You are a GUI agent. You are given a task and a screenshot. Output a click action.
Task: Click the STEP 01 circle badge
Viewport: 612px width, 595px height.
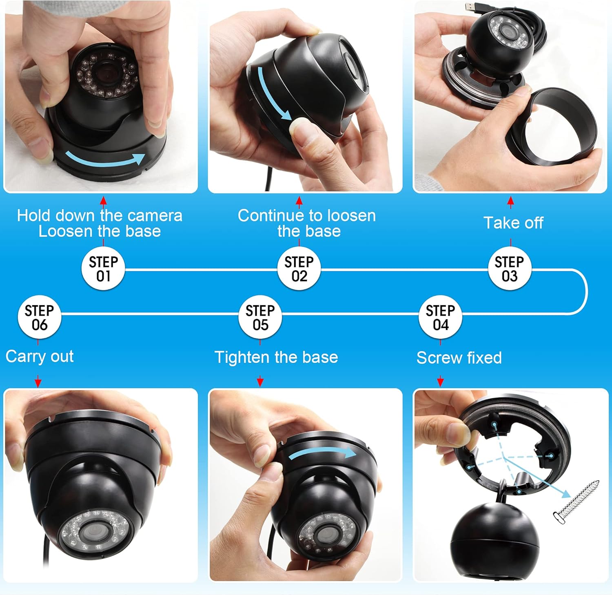pyautogui.click(x=103, y=269)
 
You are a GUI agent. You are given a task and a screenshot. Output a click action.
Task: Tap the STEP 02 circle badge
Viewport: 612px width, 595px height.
pyautogui.click(x=299, y=269)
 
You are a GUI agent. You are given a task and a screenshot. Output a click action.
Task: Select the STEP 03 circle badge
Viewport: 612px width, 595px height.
pyautogui.click(x=509, y=269)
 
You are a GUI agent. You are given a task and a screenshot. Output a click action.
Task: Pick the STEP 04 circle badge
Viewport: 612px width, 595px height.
pyautogui.click(x=440, y=317)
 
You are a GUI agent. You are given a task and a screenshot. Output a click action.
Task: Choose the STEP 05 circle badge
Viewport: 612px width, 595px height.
pyautogui.click(x=260, y=317)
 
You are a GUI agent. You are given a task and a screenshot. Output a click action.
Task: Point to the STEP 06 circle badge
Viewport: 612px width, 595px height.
pyautogui.click(x=39, y=317)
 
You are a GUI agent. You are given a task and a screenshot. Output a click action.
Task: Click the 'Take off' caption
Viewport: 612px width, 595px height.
pyautogui.click(x=513, y=223)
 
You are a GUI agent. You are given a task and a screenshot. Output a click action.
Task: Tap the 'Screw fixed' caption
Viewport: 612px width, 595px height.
pyautogui.click(x=459, y=358)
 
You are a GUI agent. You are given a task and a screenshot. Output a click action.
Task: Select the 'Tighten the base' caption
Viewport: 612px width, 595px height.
pyautogui.click(x=276, y=357)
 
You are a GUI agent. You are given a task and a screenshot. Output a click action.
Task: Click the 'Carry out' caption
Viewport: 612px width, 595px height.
pyautogui.click(x=40, y=357)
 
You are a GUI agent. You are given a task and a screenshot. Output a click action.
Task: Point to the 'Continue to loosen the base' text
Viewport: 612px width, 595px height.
pyautogui.click(x=307, y=223)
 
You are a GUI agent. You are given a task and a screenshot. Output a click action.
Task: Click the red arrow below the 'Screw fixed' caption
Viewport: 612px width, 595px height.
pyautogui.click(x=440, y=382)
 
